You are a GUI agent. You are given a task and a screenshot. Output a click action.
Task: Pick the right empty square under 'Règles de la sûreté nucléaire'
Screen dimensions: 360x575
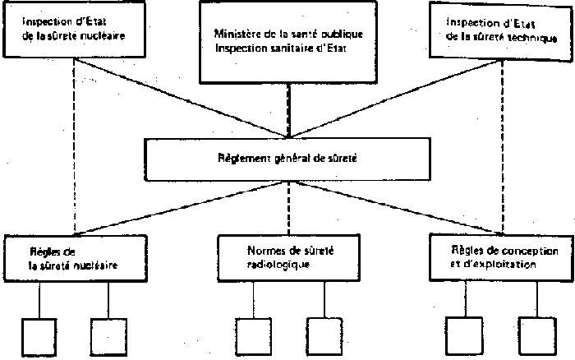(108, 335)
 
